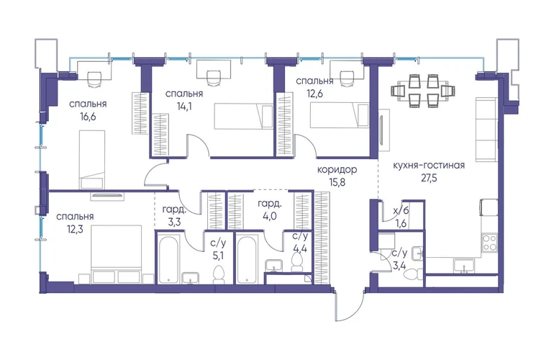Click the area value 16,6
tap(88, 117)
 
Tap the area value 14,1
tap(184, 106)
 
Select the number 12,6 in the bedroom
tap(314, 94)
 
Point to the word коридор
tap(337, 170)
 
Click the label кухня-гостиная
tap(429, 165)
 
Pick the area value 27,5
tap(429, 178)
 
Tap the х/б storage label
tap(401, 210)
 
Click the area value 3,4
tap(399, 265)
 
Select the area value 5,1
tap(218, 256)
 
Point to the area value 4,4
tap(300, 248)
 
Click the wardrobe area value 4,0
tap(269, 216)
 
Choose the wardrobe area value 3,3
tap(174, 222)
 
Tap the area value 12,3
tap(75, 229)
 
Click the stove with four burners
tap(490, 242)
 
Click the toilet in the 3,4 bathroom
tap(413, 274)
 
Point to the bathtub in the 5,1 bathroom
tap(168, 260)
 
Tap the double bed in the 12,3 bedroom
tap(117, 254)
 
